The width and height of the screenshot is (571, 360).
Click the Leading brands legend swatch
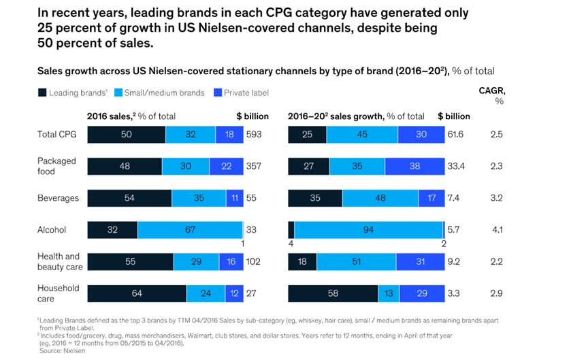point(42,93)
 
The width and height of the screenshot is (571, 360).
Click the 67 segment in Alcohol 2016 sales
point(190,230)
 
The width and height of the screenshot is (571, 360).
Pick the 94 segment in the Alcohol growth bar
point(368,230)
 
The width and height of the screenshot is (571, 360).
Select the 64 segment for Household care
point(137,293)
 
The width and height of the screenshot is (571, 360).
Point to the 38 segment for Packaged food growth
point(414,167)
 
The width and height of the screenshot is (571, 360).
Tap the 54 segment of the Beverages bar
point(129,198)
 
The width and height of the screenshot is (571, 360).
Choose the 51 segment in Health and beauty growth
point(357,262)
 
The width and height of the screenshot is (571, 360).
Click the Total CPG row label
point(56,135)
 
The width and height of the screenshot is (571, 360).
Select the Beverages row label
point(58,198)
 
